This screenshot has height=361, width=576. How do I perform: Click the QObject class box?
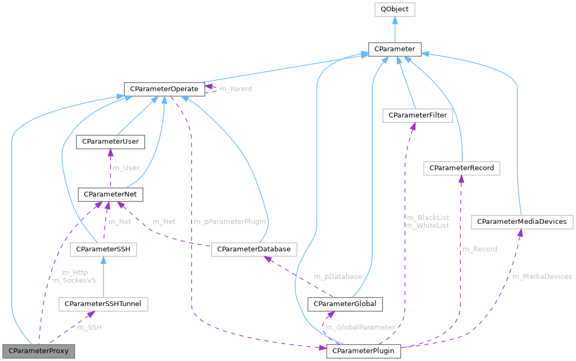tap(394, 9)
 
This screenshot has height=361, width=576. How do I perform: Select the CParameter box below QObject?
tap(394, 49)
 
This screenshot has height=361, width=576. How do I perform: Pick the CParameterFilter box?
tap(418, 115)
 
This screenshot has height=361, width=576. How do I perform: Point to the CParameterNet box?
tap(110, 194)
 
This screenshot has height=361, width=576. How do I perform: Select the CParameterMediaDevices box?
tap(522, 221)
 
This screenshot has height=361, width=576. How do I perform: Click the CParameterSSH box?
tap(103, 249)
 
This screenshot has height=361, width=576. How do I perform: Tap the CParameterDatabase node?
tap(254, 249)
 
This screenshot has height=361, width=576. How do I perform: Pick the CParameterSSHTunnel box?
tap(103, 304)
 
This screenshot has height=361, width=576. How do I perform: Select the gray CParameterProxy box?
tap(38, 351)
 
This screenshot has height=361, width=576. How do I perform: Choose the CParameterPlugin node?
tap(363, 351)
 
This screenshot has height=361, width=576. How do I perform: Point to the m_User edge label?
tap(126, 168)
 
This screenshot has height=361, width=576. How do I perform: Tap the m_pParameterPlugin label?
tap(229, 221)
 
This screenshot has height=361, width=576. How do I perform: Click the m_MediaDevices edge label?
tap(541, 276)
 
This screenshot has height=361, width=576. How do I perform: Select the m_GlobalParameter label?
tap(361, 327)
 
